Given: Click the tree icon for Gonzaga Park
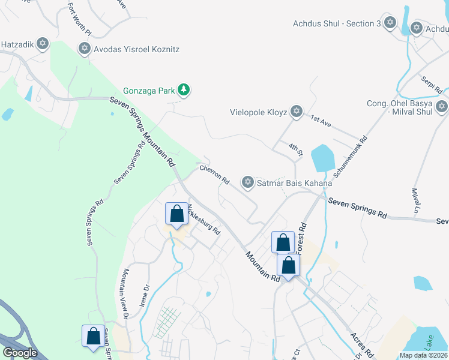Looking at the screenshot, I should click(184, 91).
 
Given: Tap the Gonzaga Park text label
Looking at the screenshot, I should click(148, 91).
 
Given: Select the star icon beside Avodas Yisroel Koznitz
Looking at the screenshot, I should click(84, 48).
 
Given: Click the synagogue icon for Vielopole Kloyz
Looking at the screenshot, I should click(295, 112).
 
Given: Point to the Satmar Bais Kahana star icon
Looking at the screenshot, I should click(247, 182).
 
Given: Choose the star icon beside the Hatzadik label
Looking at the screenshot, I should click(42, 43).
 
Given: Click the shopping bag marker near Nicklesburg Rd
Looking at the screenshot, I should click(176, 214).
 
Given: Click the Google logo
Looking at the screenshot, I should click(20, 353).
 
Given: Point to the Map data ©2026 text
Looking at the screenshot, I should click(423, 355).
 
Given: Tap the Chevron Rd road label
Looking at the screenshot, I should click(215, 175).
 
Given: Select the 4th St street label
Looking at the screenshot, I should click(294, 150).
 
